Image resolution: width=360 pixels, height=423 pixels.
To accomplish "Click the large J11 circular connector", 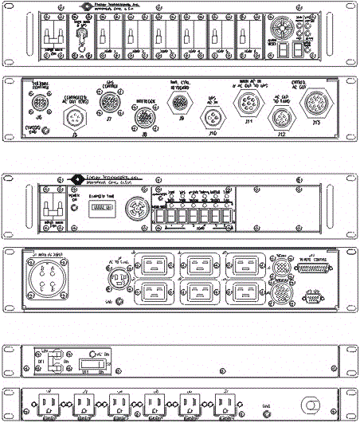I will (246, 103).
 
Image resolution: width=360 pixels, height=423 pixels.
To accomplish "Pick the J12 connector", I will (280, 119).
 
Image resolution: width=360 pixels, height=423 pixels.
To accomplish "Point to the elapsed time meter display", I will (101, 206).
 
